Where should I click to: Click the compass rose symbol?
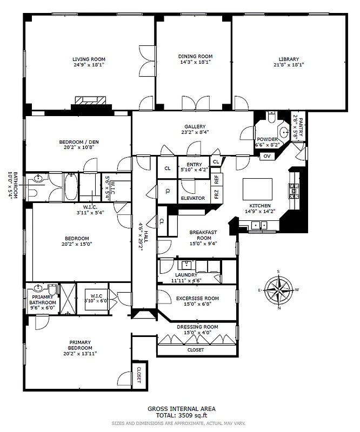coord(278,290)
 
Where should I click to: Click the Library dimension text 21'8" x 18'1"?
coord(289,64)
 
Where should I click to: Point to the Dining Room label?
coord(195,56)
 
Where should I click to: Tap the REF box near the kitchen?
coord(216,178)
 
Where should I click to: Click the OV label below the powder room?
coord(266,156)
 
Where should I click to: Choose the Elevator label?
coord(192,198)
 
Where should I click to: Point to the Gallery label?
coord(195,126)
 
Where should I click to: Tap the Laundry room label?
coord(185,275)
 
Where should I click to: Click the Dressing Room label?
coord(197,327)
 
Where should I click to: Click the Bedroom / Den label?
coord(79,143)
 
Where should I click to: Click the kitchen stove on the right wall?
coord(295,190)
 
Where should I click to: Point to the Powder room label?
coord(267,139)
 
